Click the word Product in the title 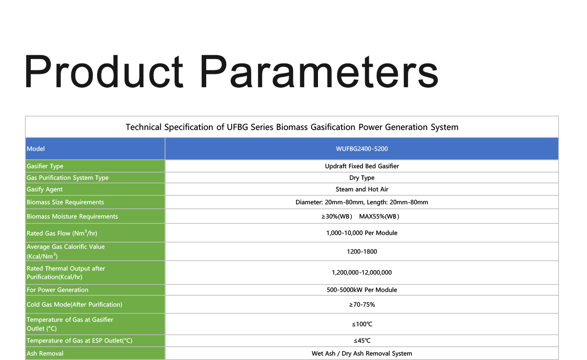[103, 71]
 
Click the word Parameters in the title [319, 71]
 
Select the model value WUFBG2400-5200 [362, 149]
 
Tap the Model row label [36, 149]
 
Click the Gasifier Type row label [45, 166]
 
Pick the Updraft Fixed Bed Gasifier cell [362, 166]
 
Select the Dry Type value [362, 178]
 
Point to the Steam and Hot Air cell [362, 189]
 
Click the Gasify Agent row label [45, 189]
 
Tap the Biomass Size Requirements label [65, 202]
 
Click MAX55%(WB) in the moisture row [379, 217]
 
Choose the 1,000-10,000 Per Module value [362, 233]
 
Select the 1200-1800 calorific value [362, 251]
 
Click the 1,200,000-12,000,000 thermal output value [362, 272]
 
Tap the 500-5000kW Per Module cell [362, 290]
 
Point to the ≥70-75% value [362, 304]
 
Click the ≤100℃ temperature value [362, 324]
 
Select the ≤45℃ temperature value [362, 340]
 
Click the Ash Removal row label [45, 353]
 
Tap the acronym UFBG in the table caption [237, 127]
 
